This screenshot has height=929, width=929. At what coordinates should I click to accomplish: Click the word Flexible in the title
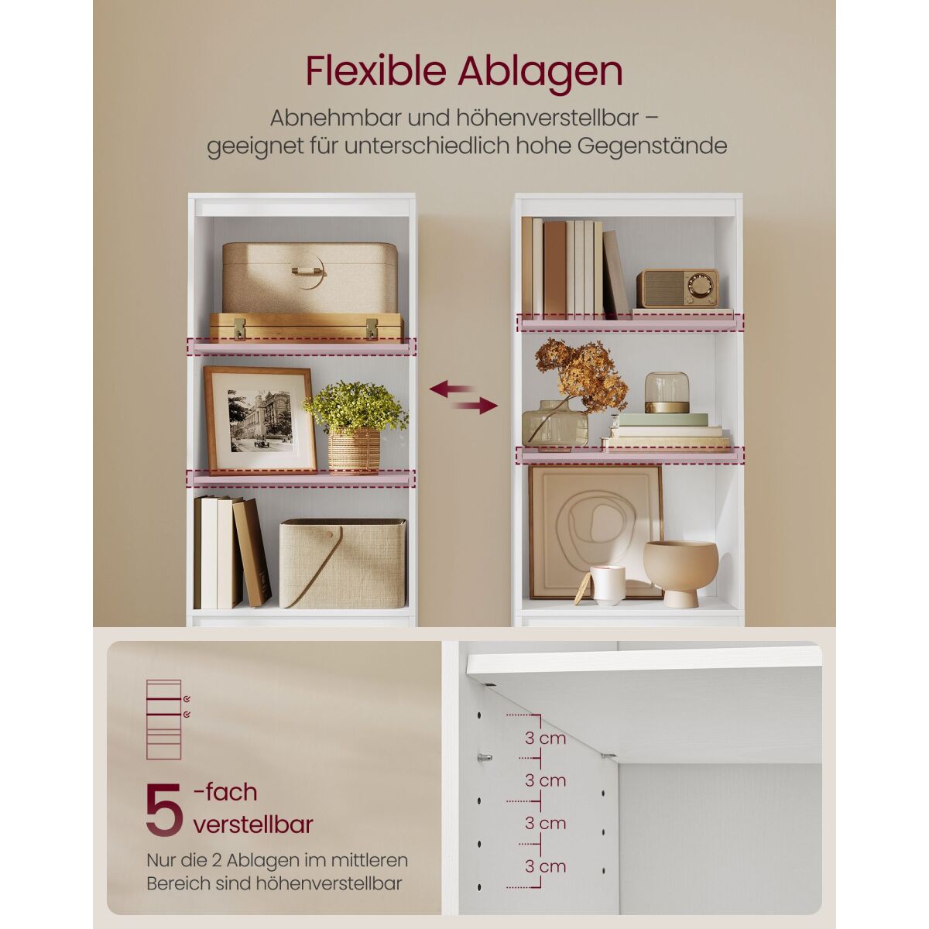375,72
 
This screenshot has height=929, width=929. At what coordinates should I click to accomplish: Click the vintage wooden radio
677,288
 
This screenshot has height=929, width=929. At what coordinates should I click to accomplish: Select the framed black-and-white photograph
259,420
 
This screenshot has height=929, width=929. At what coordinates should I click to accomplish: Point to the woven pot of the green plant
354,451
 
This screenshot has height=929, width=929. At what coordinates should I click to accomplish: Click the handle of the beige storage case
307,270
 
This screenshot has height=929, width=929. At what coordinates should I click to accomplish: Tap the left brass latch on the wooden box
239,327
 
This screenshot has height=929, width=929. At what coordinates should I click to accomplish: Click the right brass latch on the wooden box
372,327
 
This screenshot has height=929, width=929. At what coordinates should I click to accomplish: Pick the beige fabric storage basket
342,563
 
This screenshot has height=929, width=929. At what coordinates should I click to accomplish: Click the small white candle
608,584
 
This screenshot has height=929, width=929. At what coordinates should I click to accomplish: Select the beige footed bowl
680,573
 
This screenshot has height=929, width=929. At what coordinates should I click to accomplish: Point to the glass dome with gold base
667,393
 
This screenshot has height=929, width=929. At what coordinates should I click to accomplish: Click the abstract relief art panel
595,532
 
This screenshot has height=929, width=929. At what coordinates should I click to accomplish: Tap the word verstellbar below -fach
253,824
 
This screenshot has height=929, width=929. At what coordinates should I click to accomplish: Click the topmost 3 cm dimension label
545,738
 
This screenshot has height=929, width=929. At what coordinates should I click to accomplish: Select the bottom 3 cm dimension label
545,866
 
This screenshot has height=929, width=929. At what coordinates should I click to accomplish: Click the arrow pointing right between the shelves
477,406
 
